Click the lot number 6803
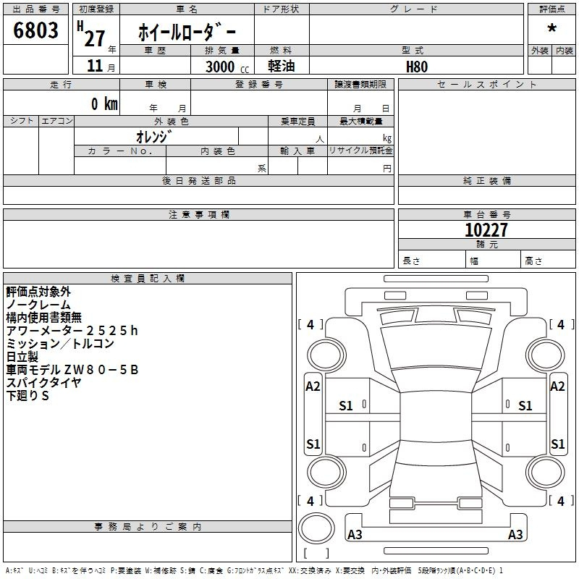click(x=35, y=30)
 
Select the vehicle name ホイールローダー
click(x=187, y=32)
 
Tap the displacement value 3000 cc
click(x=227, y=67)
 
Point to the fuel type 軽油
click(x=282, y=66)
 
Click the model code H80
click(x=417, y=67)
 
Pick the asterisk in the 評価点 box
click(x=552, y=28)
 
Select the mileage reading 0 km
click(x=104, y=103)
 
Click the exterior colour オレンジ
click(x=153, y=137)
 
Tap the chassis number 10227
click(x=486, y=230)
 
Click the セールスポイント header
click(x=486, y=85)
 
